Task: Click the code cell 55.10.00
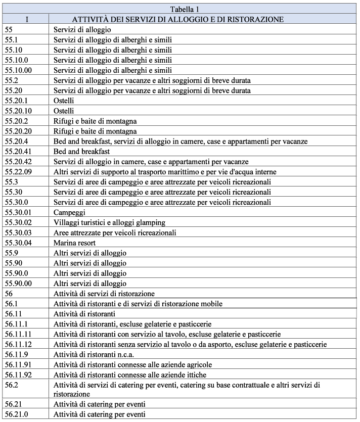point(18,70)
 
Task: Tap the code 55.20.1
point(16,101)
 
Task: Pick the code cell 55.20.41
point(18,151)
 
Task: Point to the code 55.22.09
point(18,172)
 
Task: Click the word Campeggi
point(69,212)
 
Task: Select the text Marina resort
point(75,243)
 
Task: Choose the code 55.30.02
point(18,222)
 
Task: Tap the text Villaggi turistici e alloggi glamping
point(109,222)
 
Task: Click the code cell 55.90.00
point(18,284)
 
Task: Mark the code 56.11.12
point(18,344)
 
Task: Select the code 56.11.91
point(18,364)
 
